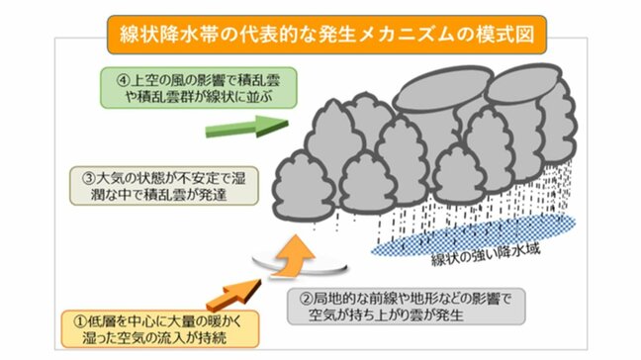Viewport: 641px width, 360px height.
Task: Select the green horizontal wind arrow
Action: click(243, 128)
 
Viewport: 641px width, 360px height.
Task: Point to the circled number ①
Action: click(70, 320)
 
